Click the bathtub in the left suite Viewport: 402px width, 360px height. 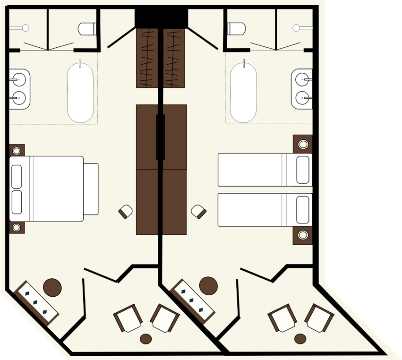click(x=80, y=92)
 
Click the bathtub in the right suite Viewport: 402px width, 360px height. click(x=243, y=92)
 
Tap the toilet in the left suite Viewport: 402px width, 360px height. click(x=86, y=29)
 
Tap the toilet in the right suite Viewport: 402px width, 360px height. click(x=236, y=29)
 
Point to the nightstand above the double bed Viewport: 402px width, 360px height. click(x=17, y=151)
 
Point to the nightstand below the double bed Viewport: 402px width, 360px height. click(x=17, y=227)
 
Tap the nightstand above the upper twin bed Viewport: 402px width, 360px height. click(x=302, y=144)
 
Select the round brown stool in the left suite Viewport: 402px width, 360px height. click(x=52, y=286)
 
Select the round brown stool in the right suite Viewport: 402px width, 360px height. click(x=208, y=285)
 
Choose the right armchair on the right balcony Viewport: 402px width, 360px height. click(x=320, y=318)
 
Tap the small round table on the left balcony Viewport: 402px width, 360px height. click(x=146, y=338)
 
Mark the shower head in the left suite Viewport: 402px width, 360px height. click(x=25, y=28)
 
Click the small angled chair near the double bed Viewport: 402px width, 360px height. click(x=126, y=211)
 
